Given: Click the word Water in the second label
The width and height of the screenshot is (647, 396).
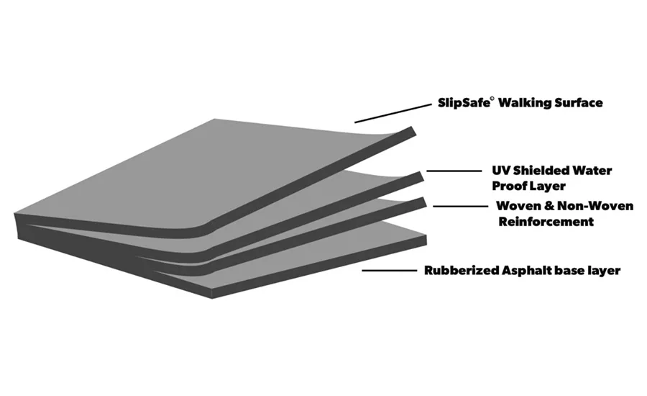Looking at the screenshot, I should tap(593, 171).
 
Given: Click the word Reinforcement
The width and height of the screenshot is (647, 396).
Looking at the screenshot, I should tap(546, 222).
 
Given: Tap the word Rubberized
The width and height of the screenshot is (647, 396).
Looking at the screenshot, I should tap(459, 271).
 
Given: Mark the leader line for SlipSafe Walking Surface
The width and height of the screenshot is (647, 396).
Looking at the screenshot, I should tap(393, 111).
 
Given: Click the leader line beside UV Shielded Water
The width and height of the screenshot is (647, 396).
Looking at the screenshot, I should tap(454, 171).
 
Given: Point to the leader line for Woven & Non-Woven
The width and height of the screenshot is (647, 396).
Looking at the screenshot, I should tap(459, 207).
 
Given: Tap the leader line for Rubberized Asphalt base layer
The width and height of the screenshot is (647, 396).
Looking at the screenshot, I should tap(388, 271).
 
